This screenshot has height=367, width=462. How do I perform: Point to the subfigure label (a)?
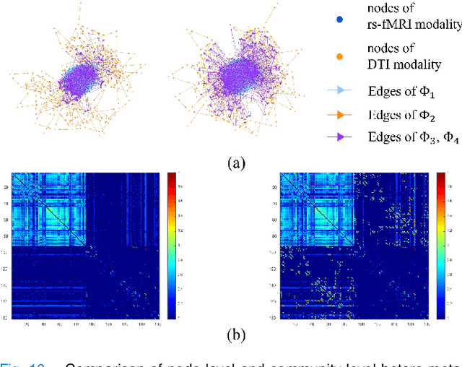pos(236,163)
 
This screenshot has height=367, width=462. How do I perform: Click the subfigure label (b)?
pos(236,334)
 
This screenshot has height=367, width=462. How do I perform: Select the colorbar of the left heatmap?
pos(171,246)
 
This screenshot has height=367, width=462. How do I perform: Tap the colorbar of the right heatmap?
pos(440,246)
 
